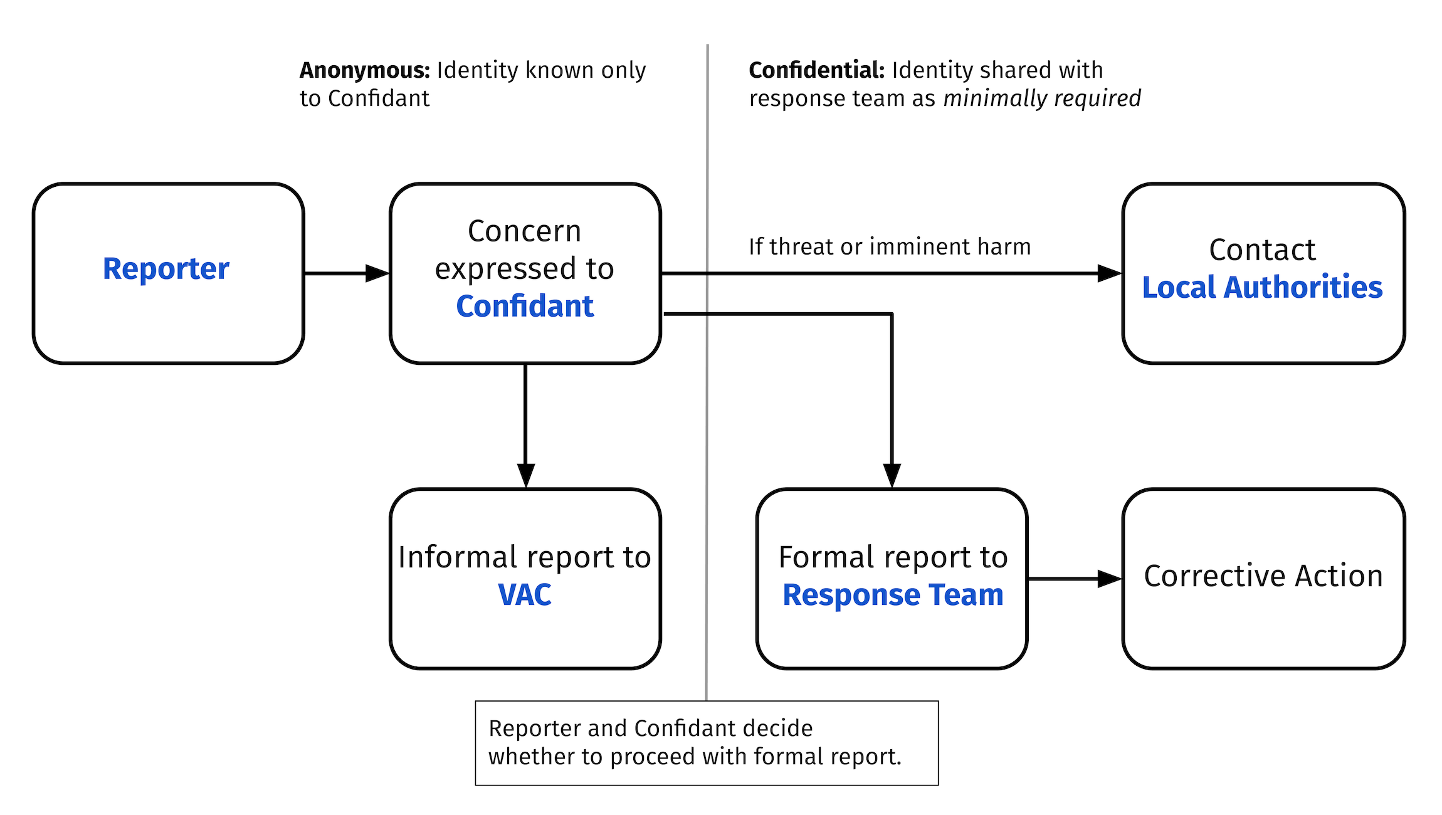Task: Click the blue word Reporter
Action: point(166,269)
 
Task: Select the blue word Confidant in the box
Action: point(524,307)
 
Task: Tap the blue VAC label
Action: point(524,595)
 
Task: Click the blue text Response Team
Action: point(893,595)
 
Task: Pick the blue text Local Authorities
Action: point(1262,288)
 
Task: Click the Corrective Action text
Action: point(1263,576)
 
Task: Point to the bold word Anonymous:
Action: point(364,70)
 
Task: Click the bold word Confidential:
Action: point(816,70)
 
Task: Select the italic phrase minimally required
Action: point(1042,98)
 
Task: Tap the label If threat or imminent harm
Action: point(890,247)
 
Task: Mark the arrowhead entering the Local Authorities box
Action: point(1109,273)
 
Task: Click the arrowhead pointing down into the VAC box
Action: point(525,475)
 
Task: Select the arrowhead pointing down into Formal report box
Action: point(892,475)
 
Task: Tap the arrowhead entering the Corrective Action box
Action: point(1109,579)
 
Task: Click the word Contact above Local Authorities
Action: point(1262,250)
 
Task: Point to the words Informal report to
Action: point(524,557)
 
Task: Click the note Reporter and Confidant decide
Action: point(650,728)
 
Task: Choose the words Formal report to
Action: point(893,557)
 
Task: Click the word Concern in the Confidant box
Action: point(524,231)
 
